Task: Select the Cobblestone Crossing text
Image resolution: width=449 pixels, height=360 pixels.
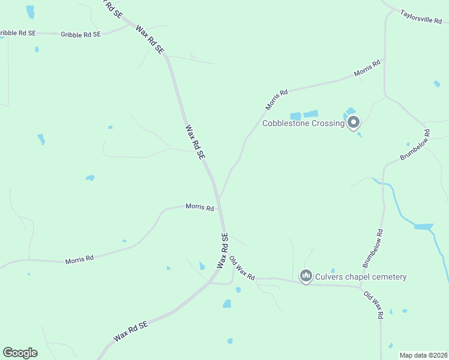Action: pos(303,124)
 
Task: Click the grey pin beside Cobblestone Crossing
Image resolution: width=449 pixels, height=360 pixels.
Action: pos(354,123)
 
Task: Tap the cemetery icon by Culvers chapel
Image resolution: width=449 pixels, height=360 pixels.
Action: pos(306,276)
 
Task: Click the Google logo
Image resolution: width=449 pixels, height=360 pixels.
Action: pos(20,353)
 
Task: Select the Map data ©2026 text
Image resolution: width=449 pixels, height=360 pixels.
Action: pos(423,355)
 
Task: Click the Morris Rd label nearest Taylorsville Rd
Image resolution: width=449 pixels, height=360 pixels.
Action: pos(367,68)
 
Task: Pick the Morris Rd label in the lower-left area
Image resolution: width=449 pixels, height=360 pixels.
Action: pos(79,259)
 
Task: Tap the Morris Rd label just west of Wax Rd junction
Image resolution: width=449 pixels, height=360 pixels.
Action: pos(199,207)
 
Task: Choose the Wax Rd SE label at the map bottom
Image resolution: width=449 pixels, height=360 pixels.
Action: pos(130,331)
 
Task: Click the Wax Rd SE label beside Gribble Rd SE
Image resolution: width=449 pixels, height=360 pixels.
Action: pos(150,40)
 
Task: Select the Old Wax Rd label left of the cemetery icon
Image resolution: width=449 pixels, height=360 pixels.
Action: pos(243,268)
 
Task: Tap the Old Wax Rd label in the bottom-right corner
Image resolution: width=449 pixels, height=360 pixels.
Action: pos(373,305)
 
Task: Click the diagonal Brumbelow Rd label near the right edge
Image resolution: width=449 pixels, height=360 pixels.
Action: pos(415,145)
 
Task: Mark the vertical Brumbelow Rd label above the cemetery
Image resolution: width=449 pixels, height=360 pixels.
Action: pos(372,248)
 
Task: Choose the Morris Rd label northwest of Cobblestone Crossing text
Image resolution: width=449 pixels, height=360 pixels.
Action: pos(277,100)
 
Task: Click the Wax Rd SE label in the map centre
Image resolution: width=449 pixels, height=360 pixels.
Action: pos(196,142)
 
